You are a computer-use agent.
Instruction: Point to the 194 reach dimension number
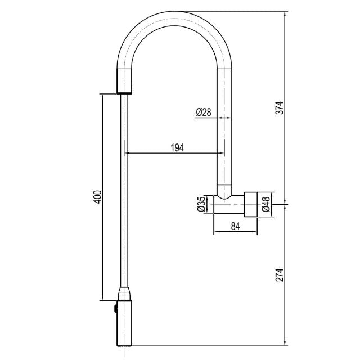[176, 147]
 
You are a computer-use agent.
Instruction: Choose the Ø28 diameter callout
[203, 112]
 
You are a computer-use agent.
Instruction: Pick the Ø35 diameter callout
[202, 205]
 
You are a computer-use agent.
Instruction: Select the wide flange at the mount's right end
[250, 204]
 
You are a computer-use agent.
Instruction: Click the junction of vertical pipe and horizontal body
[225, 197]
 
